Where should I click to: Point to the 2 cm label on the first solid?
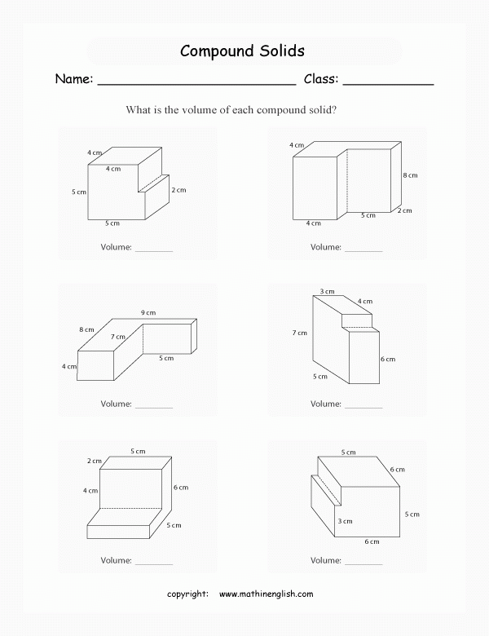click(178, 190)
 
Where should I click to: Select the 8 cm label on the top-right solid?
click(410, 175)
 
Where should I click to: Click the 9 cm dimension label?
click(148, 312)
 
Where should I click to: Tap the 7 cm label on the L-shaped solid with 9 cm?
click(119, 336)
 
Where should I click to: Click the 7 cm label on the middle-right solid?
click(301, 333)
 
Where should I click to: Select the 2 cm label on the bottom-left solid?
click(95, 462)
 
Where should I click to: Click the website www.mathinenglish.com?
click(267, 594)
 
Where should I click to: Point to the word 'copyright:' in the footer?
click(187, 594)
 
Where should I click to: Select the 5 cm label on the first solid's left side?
click(79, 192)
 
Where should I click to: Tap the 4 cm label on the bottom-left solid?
click(90, 491)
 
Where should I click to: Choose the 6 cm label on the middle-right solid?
click(388, 359)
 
